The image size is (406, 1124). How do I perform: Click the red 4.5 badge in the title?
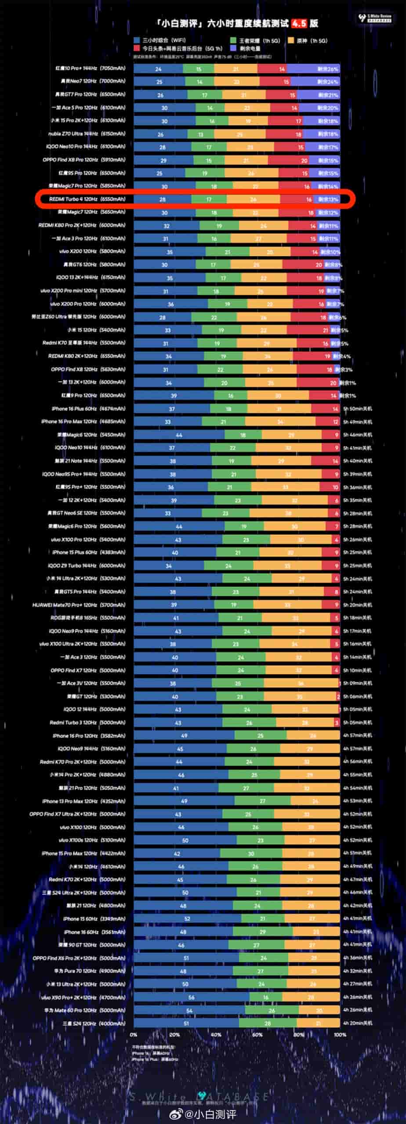pyautogui.click(x=299, y=23)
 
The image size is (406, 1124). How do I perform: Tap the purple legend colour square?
pyautogui.click(x=233, y=48)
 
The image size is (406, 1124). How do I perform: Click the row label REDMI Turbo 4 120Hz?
pyautogui.click(x=87, y=199)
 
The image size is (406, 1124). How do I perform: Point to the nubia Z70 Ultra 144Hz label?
pyautogui.click(x=87, y=133)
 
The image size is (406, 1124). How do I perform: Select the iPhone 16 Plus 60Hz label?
pyautogui.click(x=88, y=408)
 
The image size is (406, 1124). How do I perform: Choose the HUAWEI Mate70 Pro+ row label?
pyautogui.click(x=79, y=605)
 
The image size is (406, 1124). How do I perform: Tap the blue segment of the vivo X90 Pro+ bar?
pyautogui.click(x=191, y=997)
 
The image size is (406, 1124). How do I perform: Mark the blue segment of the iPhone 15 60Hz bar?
pyautogui.click(x=187, y=919)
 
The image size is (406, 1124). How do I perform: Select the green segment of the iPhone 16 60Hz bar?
pyautogui.click(x=262, y=932)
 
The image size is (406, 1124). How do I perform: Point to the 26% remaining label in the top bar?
pyautogui.click(x=328, y=69)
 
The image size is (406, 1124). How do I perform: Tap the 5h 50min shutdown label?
pyautogui.click(x=357, y=409)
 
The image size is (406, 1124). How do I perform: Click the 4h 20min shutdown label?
pyautogui.click(x=357, y=1023)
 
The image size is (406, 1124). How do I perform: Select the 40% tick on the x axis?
pyautogui.click(x=216, y=1035)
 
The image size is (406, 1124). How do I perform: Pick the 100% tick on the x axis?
pyautogui.click(x=340, y=1035)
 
